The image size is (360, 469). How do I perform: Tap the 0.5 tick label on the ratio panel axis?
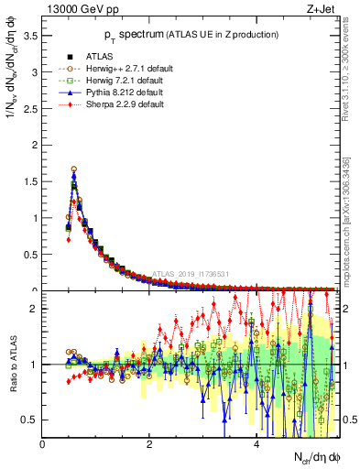(x=29, y=420)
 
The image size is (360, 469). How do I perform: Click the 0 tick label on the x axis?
(x=43, y=444)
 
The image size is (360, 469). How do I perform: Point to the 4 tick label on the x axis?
(x=256, y=444)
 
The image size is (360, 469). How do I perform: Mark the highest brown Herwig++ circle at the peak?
(x=73, y=169)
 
